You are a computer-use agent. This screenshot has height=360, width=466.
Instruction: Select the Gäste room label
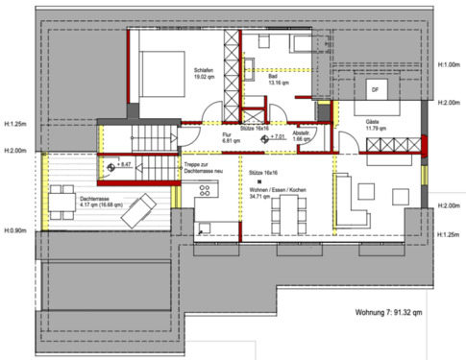coord(372,125)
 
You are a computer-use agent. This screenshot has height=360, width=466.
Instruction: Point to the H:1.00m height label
coord(449,65)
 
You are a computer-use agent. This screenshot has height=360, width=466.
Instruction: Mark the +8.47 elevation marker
coord(120,167)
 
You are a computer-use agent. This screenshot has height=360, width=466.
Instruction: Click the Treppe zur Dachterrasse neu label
coord(202,169)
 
